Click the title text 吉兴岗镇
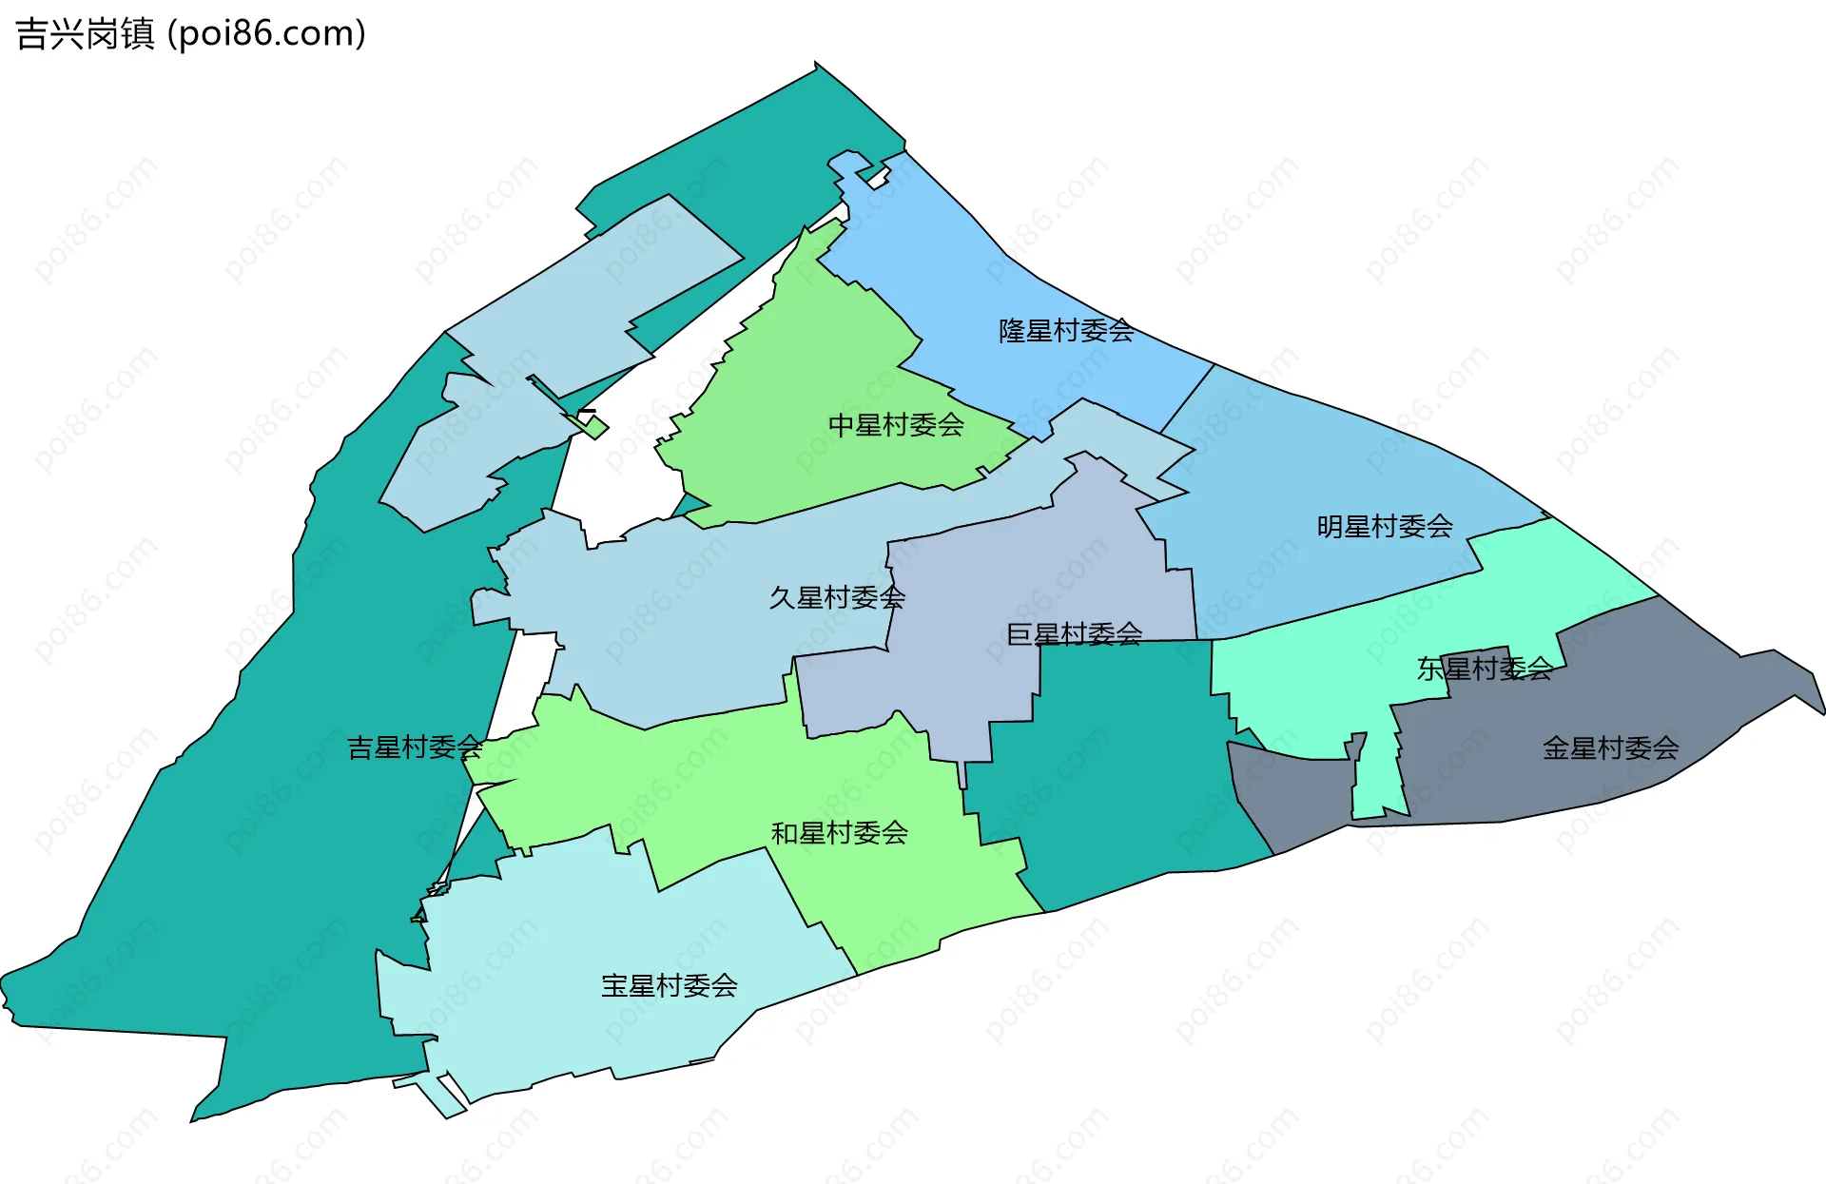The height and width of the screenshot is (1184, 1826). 86,34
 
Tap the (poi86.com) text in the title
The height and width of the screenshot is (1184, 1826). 267,34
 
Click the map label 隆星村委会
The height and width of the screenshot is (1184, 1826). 1066,331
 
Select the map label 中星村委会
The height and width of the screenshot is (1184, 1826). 896,425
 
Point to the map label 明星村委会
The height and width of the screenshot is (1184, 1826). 1385,527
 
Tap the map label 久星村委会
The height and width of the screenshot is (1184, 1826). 837,598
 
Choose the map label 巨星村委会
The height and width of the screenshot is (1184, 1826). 1075,634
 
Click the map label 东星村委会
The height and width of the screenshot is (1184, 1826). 1485,670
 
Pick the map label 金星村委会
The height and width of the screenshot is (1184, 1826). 1610,748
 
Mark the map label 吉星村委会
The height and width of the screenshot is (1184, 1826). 415,747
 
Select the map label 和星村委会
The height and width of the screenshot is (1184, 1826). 840,834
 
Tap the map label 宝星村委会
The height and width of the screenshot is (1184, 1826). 670,986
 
